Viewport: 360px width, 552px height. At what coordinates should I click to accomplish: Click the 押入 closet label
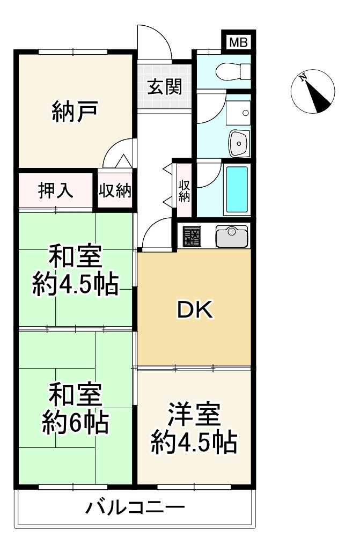(x=55, y=191)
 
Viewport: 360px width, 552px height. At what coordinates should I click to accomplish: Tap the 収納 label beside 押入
(x=115, y=191)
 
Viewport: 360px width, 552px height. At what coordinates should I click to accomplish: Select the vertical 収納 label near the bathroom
(x=184, y=191)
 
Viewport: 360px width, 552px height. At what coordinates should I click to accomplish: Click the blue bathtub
(x=237, y=190)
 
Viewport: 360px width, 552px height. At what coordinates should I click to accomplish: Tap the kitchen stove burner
(x=192, y=235)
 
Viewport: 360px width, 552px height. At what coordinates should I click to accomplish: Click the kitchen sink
(x=232, y=235)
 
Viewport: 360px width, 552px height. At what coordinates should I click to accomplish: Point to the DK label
(x=195, y=310)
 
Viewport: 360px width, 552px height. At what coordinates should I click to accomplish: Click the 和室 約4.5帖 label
(x=75, y=270)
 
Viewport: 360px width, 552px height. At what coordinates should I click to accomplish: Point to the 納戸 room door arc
(x=117, y=153)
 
